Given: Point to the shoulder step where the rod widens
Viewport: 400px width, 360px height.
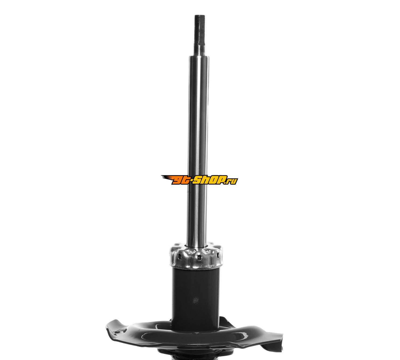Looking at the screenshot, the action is (x=199, y=57).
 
